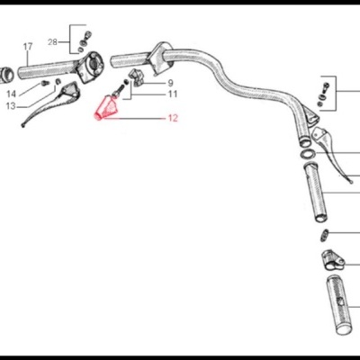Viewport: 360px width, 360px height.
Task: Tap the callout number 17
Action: pyautogui.click(x=27, y=46)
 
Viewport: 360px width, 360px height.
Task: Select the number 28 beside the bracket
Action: pyautogui.click(x=52, y=42)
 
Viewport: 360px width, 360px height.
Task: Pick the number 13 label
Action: pyautogui.click(x=10, y=105)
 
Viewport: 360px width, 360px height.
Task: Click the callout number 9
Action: pyautogui.click(x=171, y=83)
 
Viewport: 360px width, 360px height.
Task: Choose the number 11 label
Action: pyautogui.click(x=172, y=94)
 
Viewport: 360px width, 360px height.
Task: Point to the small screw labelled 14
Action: pyautogui.click(x=43, y=84)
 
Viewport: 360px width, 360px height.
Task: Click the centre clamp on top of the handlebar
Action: pyautogui.click(x=162, y=55)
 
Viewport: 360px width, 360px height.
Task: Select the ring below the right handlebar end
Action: pyautogui.click(x=308, y=155)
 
